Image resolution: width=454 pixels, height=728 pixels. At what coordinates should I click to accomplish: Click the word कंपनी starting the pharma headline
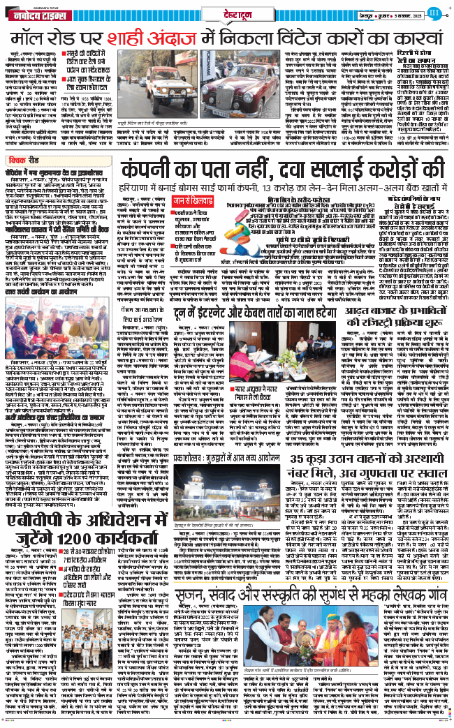(x=159, y=170)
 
